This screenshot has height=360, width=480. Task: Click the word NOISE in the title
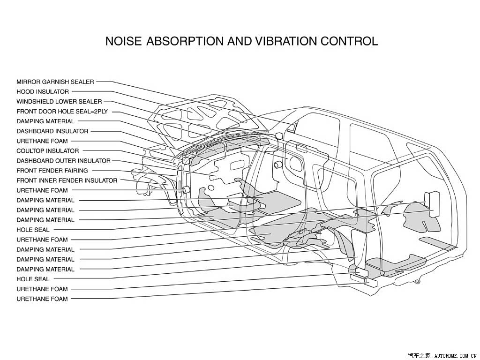tap(123, 41)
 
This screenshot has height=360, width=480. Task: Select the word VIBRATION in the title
tap(287, 41)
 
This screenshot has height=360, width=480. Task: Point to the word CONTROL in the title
tap(350, 41)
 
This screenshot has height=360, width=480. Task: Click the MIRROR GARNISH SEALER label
tap(55, 82)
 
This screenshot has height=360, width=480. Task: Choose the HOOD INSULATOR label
tap(43, 91)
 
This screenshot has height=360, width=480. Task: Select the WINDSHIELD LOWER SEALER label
tap(59, 101)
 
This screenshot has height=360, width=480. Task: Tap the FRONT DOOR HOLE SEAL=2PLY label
tap(62, 112)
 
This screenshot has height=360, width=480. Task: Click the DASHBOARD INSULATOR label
tap(52, 131)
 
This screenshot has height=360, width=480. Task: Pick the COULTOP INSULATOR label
tap(48, 151)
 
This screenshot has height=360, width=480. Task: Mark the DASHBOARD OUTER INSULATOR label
tap(63, 161)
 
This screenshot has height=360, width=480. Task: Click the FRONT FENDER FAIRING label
tap(52, 171)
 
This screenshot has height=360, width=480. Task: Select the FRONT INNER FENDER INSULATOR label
tap(67, 180)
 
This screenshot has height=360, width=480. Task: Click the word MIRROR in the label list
tap(28, 82)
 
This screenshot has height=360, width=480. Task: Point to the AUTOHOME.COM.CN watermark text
tap(456, 355)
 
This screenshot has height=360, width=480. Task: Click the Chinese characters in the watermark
tap(420, 355)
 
